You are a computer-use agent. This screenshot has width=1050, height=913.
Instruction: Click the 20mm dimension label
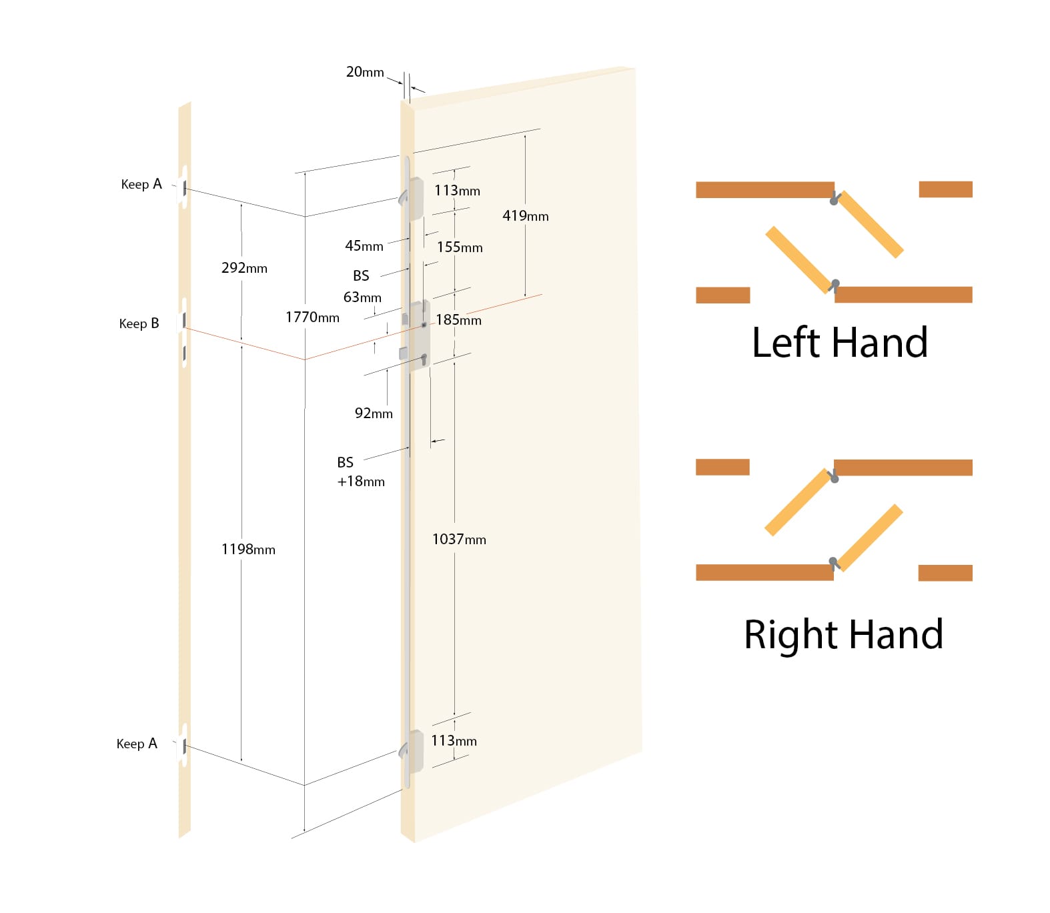[x=365, y=71]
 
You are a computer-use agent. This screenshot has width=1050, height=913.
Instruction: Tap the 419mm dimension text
[x=526, y=215]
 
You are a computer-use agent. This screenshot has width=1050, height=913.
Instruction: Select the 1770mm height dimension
[x=312, y=317]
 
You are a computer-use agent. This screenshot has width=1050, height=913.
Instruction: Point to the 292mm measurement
[x=244, y=267]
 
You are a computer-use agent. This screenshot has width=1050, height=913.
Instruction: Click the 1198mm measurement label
[x=248, y=549]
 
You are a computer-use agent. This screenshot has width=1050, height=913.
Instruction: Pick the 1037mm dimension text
[x=459, y=539]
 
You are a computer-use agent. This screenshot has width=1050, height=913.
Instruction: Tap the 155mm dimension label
[x=460, y=247]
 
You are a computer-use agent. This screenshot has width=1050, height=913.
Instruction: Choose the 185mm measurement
[x=458, y=319]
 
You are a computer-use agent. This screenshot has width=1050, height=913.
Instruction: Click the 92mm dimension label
[x=374, y=413]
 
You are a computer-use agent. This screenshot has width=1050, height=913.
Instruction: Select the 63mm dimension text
[x=362, y=297]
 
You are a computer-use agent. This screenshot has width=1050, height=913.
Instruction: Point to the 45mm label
[x=364, y=245]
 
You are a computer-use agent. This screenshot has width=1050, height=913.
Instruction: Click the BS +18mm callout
[x=361, y=472]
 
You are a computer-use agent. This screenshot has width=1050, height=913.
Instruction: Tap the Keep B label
[x=139, y=323]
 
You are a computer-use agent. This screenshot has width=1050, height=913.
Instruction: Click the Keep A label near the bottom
[x=137, y=744]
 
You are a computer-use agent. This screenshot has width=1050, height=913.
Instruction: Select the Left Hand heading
[x=839, y=343]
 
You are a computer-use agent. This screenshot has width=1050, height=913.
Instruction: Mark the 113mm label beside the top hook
[x=457, y=190]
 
